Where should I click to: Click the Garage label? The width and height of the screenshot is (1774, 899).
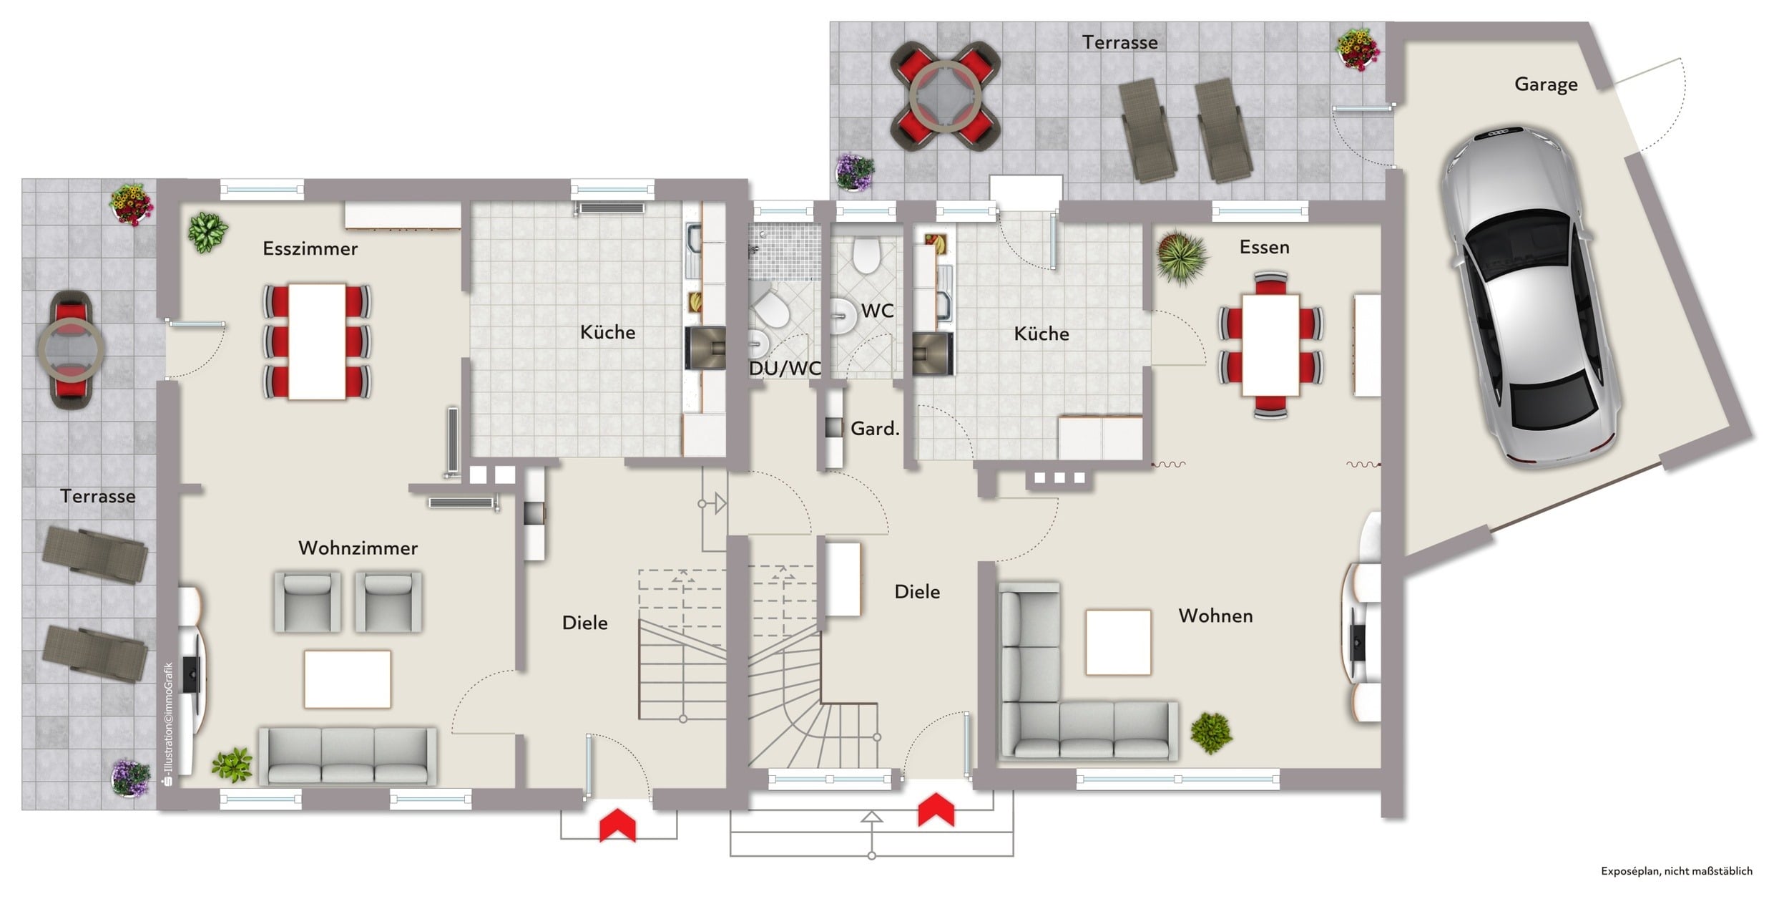point(1546,84)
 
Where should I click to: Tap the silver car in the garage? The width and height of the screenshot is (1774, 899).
point(1529,297)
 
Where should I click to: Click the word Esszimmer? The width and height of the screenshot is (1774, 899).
point(310,248)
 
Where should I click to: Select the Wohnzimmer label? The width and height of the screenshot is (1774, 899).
point(358,548)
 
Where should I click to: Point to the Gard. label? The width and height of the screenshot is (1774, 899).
point(874,429)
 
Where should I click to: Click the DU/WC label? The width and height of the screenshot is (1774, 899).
point(785,369)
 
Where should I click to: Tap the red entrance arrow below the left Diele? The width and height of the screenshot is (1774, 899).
point(617,825)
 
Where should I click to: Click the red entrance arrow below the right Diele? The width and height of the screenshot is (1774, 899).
point(936,810)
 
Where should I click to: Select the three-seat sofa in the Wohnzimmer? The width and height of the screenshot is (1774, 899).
point(348,757)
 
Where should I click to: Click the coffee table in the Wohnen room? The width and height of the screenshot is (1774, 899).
point(1118,642)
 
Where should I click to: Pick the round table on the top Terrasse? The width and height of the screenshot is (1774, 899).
point(945,97)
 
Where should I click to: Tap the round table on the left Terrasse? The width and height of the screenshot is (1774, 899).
point(71,350)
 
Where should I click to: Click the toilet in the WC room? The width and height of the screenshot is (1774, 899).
point(866,256)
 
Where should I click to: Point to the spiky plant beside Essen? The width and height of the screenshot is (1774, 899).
point(1182,256)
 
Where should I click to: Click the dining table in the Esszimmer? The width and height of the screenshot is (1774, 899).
point(317,341)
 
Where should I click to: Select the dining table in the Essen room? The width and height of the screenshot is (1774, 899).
point(1270,345)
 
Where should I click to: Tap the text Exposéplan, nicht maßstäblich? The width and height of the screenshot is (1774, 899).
point(1676,871)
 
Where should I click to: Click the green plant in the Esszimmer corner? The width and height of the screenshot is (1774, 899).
point(207,232)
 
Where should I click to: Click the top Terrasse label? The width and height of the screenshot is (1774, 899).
point(1119,42)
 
